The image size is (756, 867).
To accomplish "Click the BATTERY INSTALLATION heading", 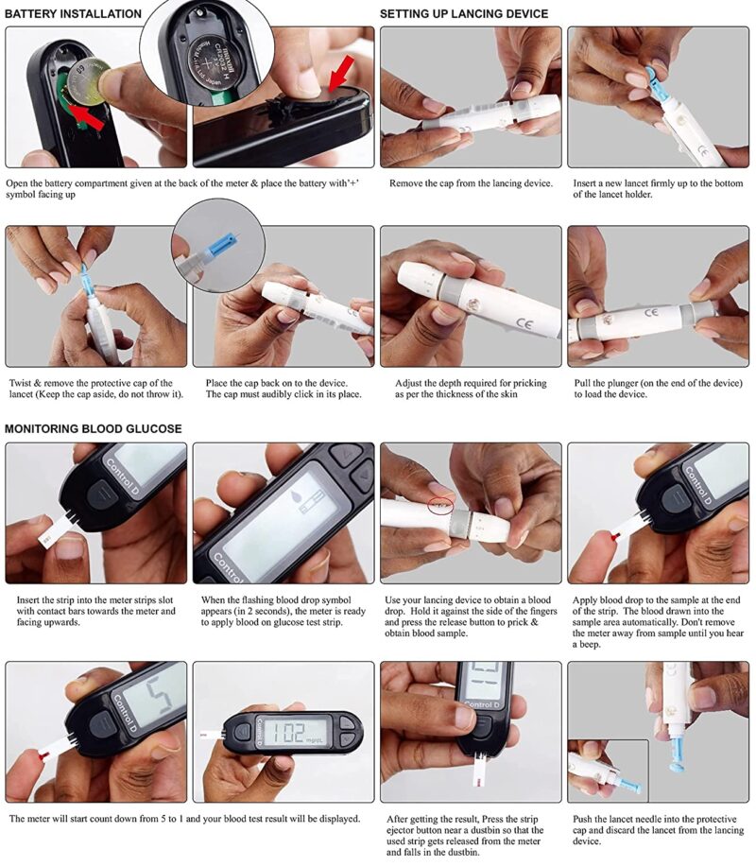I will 73,14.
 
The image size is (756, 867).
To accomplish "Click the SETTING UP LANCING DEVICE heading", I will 463,14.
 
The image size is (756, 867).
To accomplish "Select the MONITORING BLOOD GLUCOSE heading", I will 94,429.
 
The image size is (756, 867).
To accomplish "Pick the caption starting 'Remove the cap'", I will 471,182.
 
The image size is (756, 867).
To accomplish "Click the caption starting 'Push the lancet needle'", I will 658,830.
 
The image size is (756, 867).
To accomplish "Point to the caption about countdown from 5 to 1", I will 184,819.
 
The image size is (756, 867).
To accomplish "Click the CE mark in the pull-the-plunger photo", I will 651,312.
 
